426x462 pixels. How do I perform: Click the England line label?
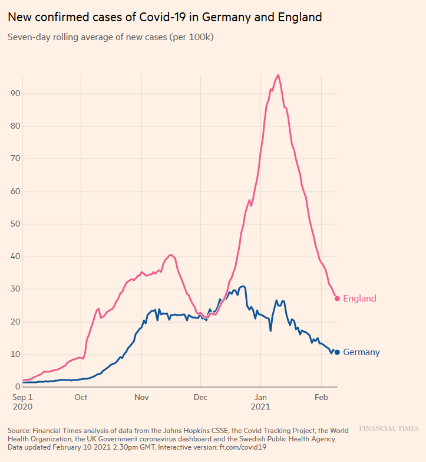[359, 299]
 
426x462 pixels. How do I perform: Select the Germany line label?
[361, 353]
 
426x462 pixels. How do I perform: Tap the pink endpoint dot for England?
[337, 299]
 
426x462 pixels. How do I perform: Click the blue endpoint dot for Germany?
[337, 352]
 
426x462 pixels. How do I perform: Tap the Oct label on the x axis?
[81, 397]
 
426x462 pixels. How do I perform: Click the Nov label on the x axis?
[141, 397]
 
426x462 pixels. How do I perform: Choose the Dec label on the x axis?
[200, 397]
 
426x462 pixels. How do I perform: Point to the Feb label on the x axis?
[321, 397]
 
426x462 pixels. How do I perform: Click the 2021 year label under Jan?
[261, 408]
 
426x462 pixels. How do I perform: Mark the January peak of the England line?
[278, 75]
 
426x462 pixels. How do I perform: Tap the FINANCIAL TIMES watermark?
[389, 428]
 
